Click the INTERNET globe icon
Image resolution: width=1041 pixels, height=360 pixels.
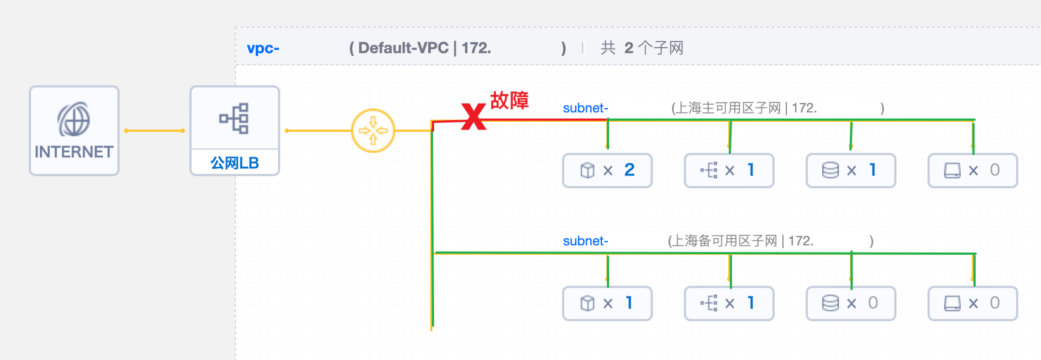74,119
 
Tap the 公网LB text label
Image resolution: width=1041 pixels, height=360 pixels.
235,163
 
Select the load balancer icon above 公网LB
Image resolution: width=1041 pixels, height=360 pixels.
235,118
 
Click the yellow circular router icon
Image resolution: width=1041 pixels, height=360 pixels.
373,130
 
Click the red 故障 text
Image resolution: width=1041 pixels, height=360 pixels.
509,100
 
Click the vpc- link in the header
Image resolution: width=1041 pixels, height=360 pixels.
263,48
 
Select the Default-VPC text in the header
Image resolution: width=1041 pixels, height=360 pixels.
403,48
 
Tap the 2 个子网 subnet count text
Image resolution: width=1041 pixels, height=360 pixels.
653,48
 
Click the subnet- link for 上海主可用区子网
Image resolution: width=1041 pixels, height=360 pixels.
585,108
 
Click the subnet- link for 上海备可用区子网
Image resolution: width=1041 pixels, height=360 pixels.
585,241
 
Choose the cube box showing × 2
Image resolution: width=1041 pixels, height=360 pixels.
607,170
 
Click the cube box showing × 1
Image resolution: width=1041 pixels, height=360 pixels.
607,303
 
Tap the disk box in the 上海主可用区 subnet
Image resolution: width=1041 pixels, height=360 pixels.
972,170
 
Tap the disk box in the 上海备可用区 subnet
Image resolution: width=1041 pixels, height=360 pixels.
972,303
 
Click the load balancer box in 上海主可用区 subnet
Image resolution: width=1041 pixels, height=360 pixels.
729,170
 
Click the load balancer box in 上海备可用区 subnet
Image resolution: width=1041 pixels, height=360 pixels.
729,303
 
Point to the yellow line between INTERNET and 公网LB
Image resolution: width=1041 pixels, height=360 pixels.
154,130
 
